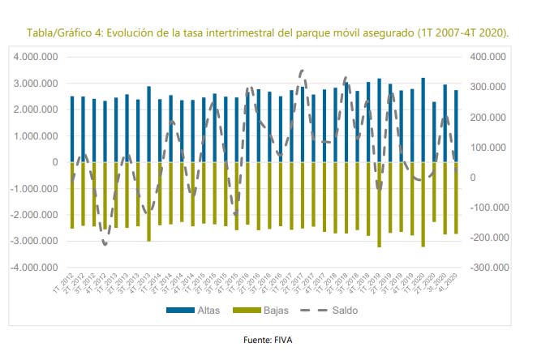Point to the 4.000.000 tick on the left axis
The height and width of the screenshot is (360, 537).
35,58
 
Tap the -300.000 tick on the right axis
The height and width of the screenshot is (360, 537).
488,268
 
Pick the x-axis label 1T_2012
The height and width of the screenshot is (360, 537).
65,285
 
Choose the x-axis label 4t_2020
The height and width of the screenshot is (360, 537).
450,285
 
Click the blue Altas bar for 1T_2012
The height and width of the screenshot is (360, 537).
72,130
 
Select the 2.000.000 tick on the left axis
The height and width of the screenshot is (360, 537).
35,110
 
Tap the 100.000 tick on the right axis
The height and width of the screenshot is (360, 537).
489,148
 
